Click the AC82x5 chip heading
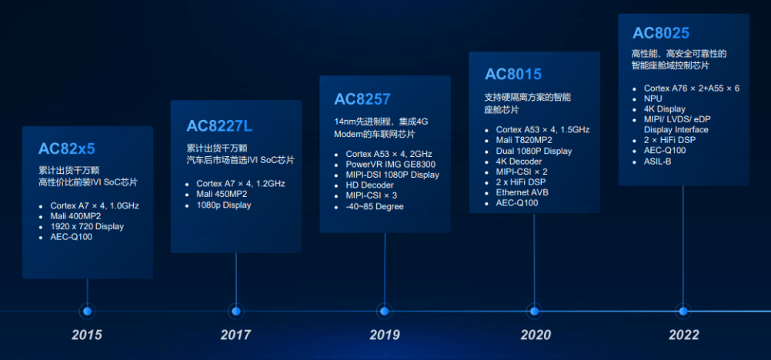click(67, 148)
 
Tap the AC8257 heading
click(362, 98)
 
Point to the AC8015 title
click(513, 75)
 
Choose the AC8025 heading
click(661, 33)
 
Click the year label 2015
click(87, 335)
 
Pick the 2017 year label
click(235, 335)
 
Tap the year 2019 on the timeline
click(385, 335)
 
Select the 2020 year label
click(535, 335)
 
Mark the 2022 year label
click(683, 335)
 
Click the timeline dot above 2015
click(87, 311)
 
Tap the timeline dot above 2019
click(385, 311)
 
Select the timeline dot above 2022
click(683, 311)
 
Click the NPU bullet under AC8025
click(653, 99)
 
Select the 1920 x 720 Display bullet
click(87, 227)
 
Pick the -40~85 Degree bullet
click(374, 206)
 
